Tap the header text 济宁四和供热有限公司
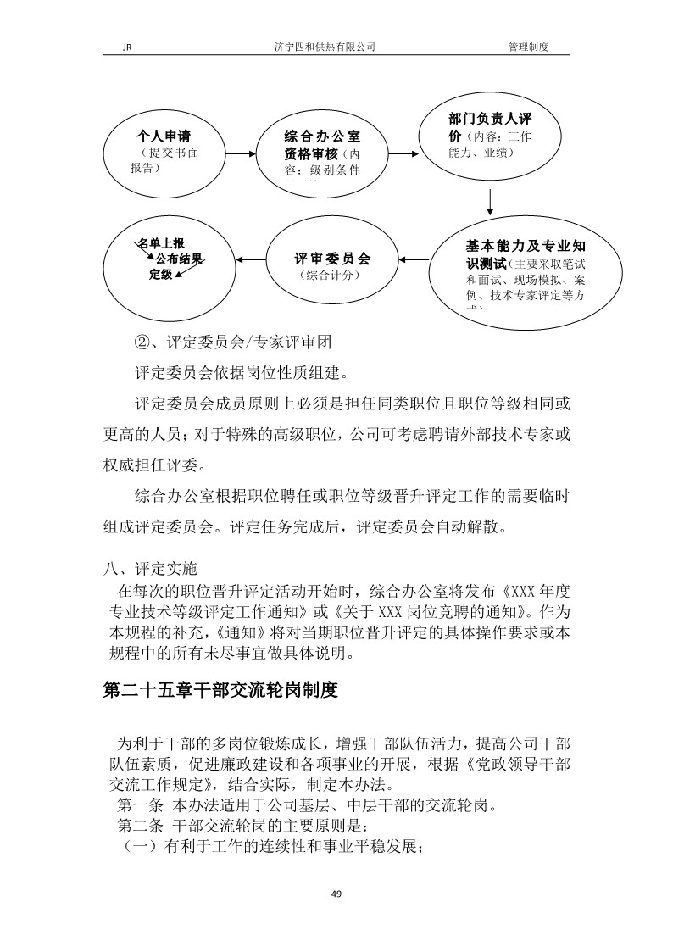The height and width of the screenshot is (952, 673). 320,47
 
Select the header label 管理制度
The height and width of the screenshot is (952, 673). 528,47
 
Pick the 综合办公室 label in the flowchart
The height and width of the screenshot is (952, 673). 322,136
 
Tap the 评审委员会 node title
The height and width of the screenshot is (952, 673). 332,259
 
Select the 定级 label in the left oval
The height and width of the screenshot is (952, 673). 161,274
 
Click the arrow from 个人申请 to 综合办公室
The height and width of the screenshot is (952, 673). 242,154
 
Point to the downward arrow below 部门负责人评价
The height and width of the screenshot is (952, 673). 490,202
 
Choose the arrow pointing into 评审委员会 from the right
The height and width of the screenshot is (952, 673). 414,259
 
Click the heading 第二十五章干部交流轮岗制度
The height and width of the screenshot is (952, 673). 220,691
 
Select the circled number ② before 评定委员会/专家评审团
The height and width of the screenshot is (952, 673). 142,343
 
